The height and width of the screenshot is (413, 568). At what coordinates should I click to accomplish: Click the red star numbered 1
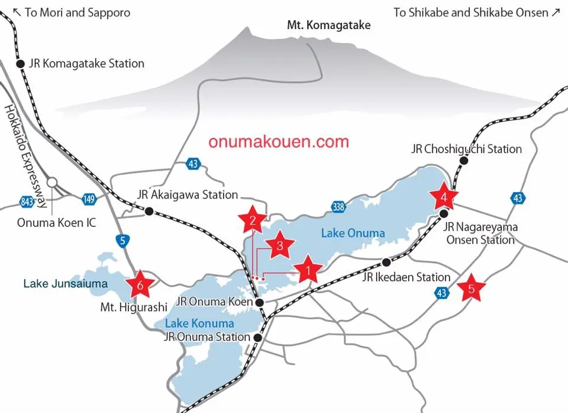(x=307, y=271)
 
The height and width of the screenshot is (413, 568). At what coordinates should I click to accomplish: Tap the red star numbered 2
(x=253, y=221)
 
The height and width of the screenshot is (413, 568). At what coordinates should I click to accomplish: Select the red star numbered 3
(x=280, y=245)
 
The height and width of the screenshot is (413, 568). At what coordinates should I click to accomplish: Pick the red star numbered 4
(x=444, y=196)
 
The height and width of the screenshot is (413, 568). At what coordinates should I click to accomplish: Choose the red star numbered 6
(x=140, y=285)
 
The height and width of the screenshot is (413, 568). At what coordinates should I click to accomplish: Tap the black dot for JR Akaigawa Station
(x=149, y=210)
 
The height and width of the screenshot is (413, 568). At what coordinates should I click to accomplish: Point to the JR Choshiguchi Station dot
(x=464, y=161)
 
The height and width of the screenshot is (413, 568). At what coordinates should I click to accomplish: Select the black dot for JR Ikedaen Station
(x=386, y=262)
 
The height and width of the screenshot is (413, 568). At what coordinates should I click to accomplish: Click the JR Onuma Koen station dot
(x=259, y=302)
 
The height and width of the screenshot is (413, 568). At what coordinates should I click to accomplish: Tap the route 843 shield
(x=27, y=202)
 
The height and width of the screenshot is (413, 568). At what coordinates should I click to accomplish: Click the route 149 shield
(x=89, y=199)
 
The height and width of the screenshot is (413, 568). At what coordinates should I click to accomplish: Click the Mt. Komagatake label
(x=328, y=25)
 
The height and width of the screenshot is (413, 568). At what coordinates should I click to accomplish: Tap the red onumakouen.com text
(x=279, y=142)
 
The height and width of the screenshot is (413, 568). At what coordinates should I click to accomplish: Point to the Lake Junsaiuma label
(x=66, y=284)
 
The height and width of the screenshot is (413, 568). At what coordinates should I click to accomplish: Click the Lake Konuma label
(x=199, y=324)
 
